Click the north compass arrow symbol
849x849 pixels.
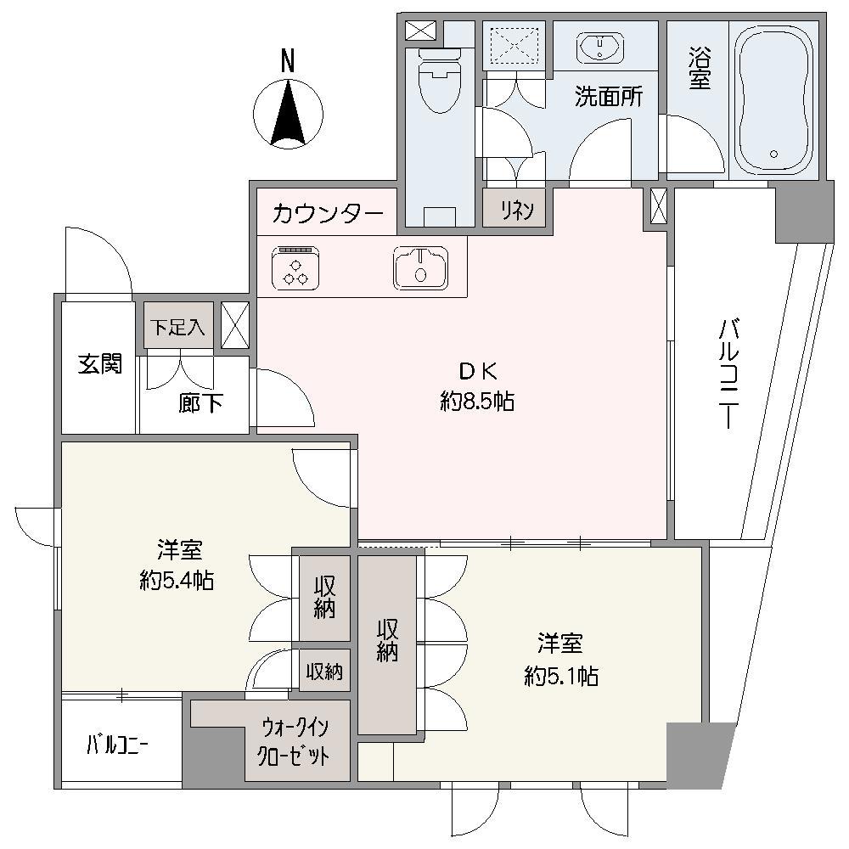click(289, 112)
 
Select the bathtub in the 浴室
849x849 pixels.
click(774, 102)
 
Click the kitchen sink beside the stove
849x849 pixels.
click(419, 267)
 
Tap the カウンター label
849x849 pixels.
click(328, 214)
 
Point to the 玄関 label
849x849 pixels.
click(99, 364)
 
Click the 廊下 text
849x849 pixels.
click(201, 403)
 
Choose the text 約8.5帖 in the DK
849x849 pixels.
click(477, 402)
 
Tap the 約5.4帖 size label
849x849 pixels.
click(177, 582)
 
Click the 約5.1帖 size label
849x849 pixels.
click(561, 676)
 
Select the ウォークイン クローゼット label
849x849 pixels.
click(295, 742)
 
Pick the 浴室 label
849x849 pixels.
click(698, 67)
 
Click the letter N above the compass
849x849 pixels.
click(289, 61)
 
